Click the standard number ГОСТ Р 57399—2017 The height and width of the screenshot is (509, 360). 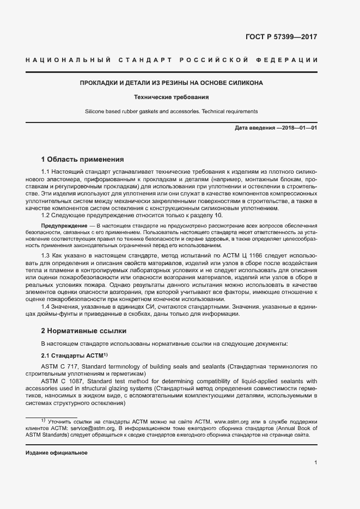tap(282, 38)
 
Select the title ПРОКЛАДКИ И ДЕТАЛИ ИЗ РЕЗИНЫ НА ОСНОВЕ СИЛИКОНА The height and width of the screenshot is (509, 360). tap(172, 83)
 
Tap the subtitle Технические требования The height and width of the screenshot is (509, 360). tap(172, 97)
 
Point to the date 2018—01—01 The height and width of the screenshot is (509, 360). tap(297, 128)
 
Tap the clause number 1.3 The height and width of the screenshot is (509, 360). tap(46, 256)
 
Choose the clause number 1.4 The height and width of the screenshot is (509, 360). tap(46, 306)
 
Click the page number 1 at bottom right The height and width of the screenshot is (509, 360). tap(316, 463)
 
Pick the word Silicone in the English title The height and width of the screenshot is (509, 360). tap(95, 112)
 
